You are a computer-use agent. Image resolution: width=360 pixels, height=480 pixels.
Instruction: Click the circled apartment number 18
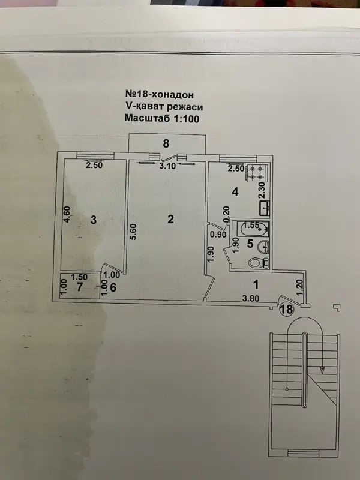pos(287,309)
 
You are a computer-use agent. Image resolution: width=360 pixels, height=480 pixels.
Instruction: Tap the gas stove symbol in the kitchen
pos(256,172)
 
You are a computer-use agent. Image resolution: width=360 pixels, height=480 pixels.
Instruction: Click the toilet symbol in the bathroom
pos(259,263)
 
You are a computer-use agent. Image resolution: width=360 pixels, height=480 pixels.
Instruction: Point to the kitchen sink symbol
pos(264,208)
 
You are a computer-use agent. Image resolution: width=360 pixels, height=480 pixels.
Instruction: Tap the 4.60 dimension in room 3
pos(67,214)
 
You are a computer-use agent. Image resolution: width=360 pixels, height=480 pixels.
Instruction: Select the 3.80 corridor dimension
pos(251,298)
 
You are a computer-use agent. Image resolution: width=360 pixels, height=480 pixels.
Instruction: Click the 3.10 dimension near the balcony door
pos(167,166)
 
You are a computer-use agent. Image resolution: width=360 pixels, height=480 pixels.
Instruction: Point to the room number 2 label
pos(170,219)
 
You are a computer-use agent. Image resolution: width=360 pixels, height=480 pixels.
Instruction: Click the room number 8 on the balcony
pos(166,143)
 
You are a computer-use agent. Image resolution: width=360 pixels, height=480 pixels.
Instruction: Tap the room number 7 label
pos(80,287)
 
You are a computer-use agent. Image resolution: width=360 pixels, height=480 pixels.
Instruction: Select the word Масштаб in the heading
pos(147,118)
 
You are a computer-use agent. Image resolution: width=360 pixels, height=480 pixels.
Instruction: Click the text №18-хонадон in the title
pos(160,94)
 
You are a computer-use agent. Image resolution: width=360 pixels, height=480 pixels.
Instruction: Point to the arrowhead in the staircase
pos(322,370)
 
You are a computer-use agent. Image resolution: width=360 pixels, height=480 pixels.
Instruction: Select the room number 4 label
pos(235,192)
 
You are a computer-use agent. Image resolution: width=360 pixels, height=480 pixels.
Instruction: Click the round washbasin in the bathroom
pos(263,247)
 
